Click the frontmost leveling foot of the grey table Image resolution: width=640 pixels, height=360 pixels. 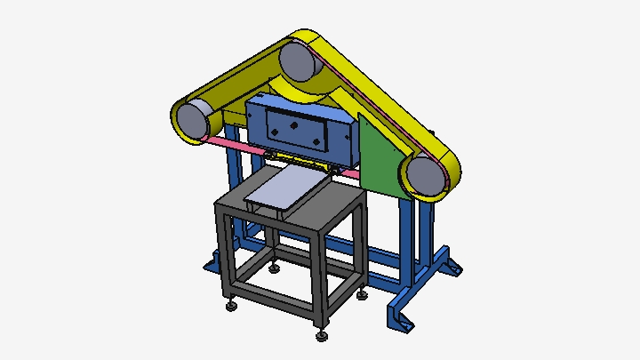coord(321,335)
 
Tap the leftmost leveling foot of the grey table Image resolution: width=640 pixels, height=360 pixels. coord(231,306)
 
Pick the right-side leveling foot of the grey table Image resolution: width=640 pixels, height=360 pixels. coord(363,294)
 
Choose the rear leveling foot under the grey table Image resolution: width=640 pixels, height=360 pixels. coord(275,267)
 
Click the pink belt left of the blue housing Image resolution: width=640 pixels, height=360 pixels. coord(222,143)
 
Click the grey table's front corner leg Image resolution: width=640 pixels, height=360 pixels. coord(321,284)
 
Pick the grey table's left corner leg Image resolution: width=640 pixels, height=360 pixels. coord(223,253)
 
